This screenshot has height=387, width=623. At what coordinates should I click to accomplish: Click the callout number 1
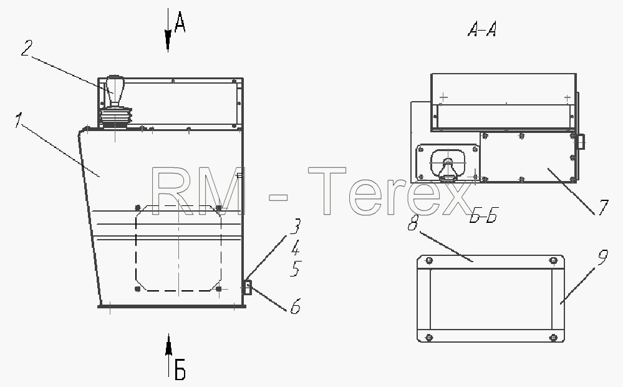point(17,120)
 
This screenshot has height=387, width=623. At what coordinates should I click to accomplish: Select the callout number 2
point(27,47)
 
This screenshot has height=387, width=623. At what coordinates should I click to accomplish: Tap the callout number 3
point(295,227)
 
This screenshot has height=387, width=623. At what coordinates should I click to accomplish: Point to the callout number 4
point(295,248)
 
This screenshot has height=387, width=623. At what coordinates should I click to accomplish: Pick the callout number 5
point(296,268)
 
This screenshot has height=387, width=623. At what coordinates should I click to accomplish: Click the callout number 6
point(295,306)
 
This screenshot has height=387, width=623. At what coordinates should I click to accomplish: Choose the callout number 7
point(603,207)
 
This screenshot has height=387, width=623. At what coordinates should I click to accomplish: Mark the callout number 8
point(413,223)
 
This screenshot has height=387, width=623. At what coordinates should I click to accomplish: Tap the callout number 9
point(603,257)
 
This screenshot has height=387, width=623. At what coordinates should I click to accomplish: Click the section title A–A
point(482,29)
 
